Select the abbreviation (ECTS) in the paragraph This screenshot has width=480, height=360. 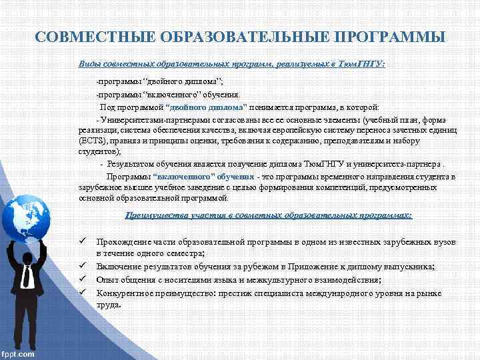[90, 141]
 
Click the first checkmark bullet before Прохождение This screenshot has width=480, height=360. [83, 243]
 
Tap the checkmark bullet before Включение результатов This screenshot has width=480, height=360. [83, 267]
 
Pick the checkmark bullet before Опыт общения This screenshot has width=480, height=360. [83, 279]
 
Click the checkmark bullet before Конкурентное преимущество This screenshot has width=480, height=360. [83, 292]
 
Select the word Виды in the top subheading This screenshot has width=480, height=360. [89, 64]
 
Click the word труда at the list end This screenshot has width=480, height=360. [108, 304]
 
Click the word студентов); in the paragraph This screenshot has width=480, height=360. [97, 151]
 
